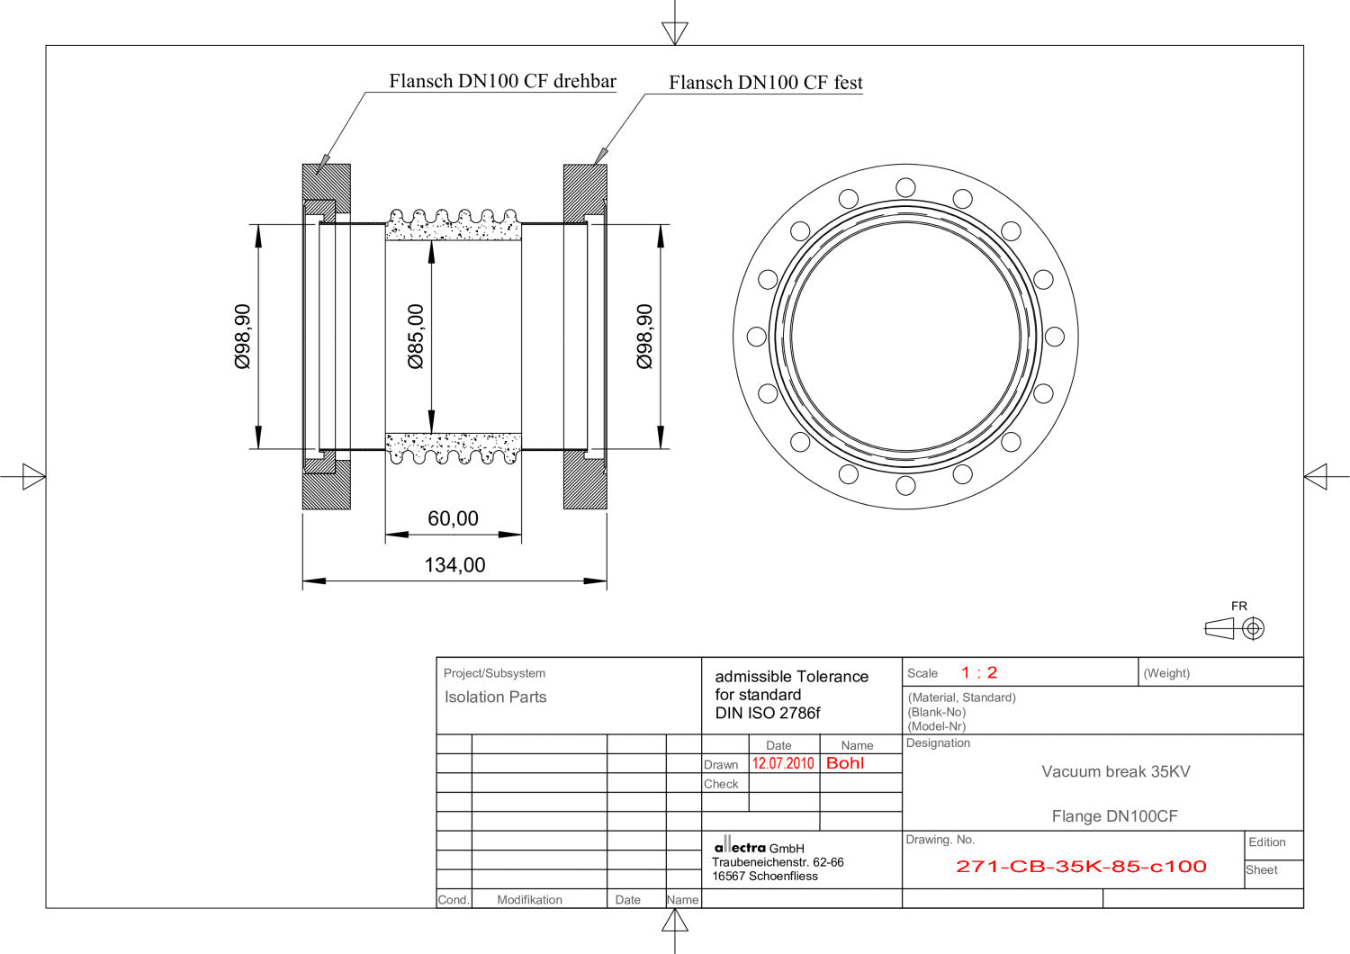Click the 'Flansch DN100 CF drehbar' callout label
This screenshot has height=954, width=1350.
coord(502,81)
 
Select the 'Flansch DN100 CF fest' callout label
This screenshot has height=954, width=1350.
coord(765,83)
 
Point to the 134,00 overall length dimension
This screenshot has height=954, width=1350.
coord(454,565)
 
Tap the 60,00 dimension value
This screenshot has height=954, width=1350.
coord(453,518)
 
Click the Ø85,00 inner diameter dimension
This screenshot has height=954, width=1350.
coord(416,337)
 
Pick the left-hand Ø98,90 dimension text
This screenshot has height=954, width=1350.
coord(243,337)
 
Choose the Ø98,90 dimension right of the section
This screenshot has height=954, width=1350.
coord(644,337)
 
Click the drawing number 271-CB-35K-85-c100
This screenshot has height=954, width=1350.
coord(1080,867)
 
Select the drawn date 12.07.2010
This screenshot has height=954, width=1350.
coord(783,763)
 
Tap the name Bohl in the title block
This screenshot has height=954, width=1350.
coord(845,763)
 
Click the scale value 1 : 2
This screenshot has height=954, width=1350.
coord(979,673)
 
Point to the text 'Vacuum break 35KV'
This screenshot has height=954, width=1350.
coord(1115,771)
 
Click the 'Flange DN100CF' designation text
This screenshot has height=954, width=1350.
coord(1114,816)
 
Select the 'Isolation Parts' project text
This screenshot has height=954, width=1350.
coord(495,697)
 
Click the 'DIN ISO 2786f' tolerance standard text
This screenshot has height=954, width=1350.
coord(768,713)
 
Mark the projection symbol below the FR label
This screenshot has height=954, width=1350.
coord(1235,628)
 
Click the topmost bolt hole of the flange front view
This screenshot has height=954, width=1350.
coord(905,187)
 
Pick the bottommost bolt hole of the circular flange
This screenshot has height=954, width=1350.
coord(905,486)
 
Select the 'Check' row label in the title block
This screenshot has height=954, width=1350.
coord(721,784)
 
